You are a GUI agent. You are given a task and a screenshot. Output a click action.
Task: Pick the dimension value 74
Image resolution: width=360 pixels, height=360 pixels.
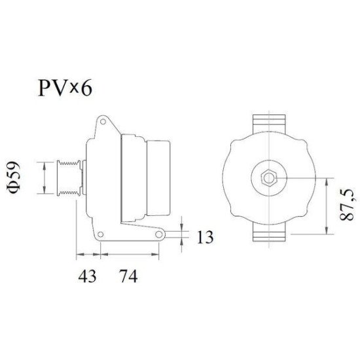pyautogui.click(x=128, y=277)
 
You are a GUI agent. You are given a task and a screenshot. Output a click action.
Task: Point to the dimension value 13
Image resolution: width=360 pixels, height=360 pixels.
pyautogui.click(x=205, y=238)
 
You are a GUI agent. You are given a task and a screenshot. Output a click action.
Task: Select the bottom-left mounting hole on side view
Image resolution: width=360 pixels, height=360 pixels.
pyautogui.click(x=102, y=233)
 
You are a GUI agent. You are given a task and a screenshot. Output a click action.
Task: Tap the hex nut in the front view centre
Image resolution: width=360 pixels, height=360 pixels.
pyautogui.click(x=268, y=177)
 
